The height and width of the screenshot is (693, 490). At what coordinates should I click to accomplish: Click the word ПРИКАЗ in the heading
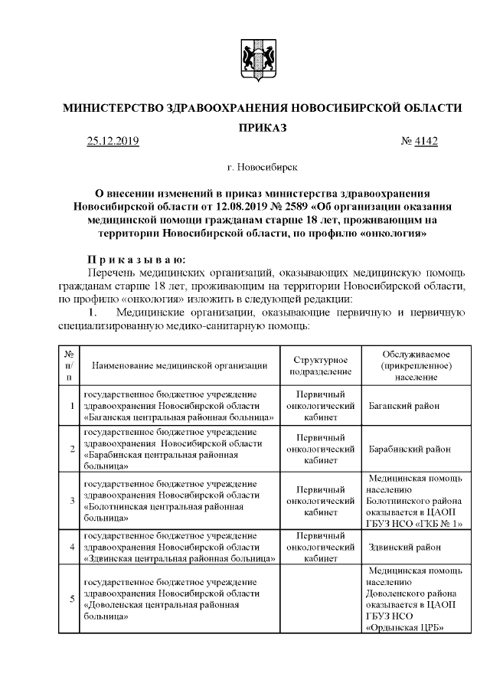(262, 128)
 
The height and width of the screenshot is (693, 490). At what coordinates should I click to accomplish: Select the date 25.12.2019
(113, 141)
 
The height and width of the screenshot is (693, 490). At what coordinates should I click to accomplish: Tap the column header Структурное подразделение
(322, 365)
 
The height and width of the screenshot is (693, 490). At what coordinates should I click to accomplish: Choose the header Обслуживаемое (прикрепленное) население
(416, 365)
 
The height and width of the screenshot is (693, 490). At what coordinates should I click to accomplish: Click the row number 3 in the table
(70, 501)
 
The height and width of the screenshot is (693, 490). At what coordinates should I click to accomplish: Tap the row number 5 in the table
(70, 599)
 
